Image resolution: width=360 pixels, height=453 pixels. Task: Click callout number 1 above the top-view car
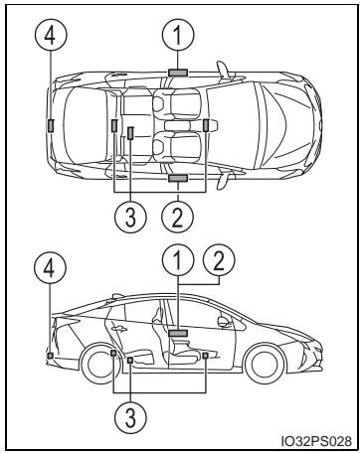[x=178, y=35]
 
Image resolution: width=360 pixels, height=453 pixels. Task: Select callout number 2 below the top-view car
[x=178, y=217]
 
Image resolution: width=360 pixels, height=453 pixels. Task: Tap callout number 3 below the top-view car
[x=130, y=217]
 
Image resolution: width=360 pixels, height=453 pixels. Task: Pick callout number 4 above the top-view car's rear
[x=51, y=35]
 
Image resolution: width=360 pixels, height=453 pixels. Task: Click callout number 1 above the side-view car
[x=178, y=260]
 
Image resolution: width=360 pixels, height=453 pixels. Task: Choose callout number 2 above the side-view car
[x=219, y=260]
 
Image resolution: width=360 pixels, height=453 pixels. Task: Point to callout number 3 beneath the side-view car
[x=130, y=417]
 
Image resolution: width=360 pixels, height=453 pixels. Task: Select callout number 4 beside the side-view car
[x=50, y=268]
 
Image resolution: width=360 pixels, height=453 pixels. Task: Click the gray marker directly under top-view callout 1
[x=178, y=73]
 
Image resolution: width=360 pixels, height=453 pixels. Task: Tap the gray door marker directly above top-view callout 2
[x=178, y=178]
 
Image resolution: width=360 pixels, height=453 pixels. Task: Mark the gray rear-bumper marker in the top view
[x=51, y=126]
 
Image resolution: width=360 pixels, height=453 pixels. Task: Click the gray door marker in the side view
[x=178, y=333]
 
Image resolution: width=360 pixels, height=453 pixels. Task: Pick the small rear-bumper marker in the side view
[x=50, y=356]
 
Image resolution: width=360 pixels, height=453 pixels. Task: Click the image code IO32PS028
[x=316, y=441]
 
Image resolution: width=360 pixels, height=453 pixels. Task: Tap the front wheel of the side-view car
[x=265, y=364]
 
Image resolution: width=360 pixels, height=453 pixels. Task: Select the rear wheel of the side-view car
[x=98, y=364]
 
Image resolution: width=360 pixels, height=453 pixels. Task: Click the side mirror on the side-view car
[x=224, y=321]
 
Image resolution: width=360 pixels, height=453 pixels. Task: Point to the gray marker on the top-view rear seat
[x=130, y=133]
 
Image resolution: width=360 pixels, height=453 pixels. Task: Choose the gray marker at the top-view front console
[x=206, y=125]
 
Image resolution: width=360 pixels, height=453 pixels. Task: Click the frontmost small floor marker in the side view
[x=206, y=356]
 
